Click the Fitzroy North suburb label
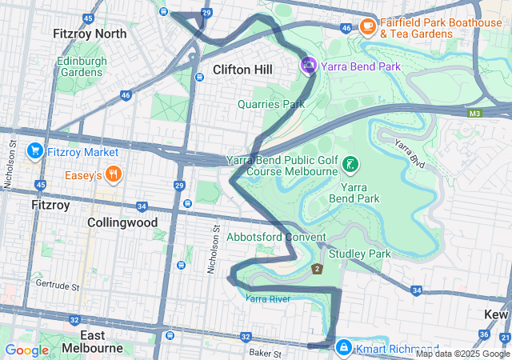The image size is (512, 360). point(89,34)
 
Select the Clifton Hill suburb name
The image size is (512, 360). point(242,70)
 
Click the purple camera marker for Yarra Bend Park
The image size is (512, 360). point(308,66)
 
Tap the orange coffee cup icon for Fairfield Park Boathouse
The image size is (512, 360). point(368,26)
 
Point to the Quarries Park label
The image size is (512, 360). point(271,103)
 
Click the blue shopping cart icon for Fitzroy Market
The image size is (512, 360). point(34,151)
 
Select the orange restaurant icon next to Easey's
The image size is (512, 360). point(114,174)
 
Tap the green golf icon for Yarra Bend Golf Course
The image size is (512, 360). point(350,166)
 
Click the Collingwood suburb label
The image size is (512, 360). point(122,222)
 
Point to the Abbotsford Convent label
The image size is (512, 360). point(276,238)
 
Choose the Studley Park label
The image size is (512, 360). point(359,254)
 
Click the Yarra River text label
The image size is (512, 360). point(267,298)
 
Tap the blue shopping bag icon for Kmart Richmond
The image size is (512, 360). point(343,346)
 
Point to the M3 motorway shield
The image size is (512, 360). point(475,114)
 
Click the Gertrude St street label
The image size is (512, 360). point(58,286)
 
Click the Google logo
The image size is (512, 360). point(26,350)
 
